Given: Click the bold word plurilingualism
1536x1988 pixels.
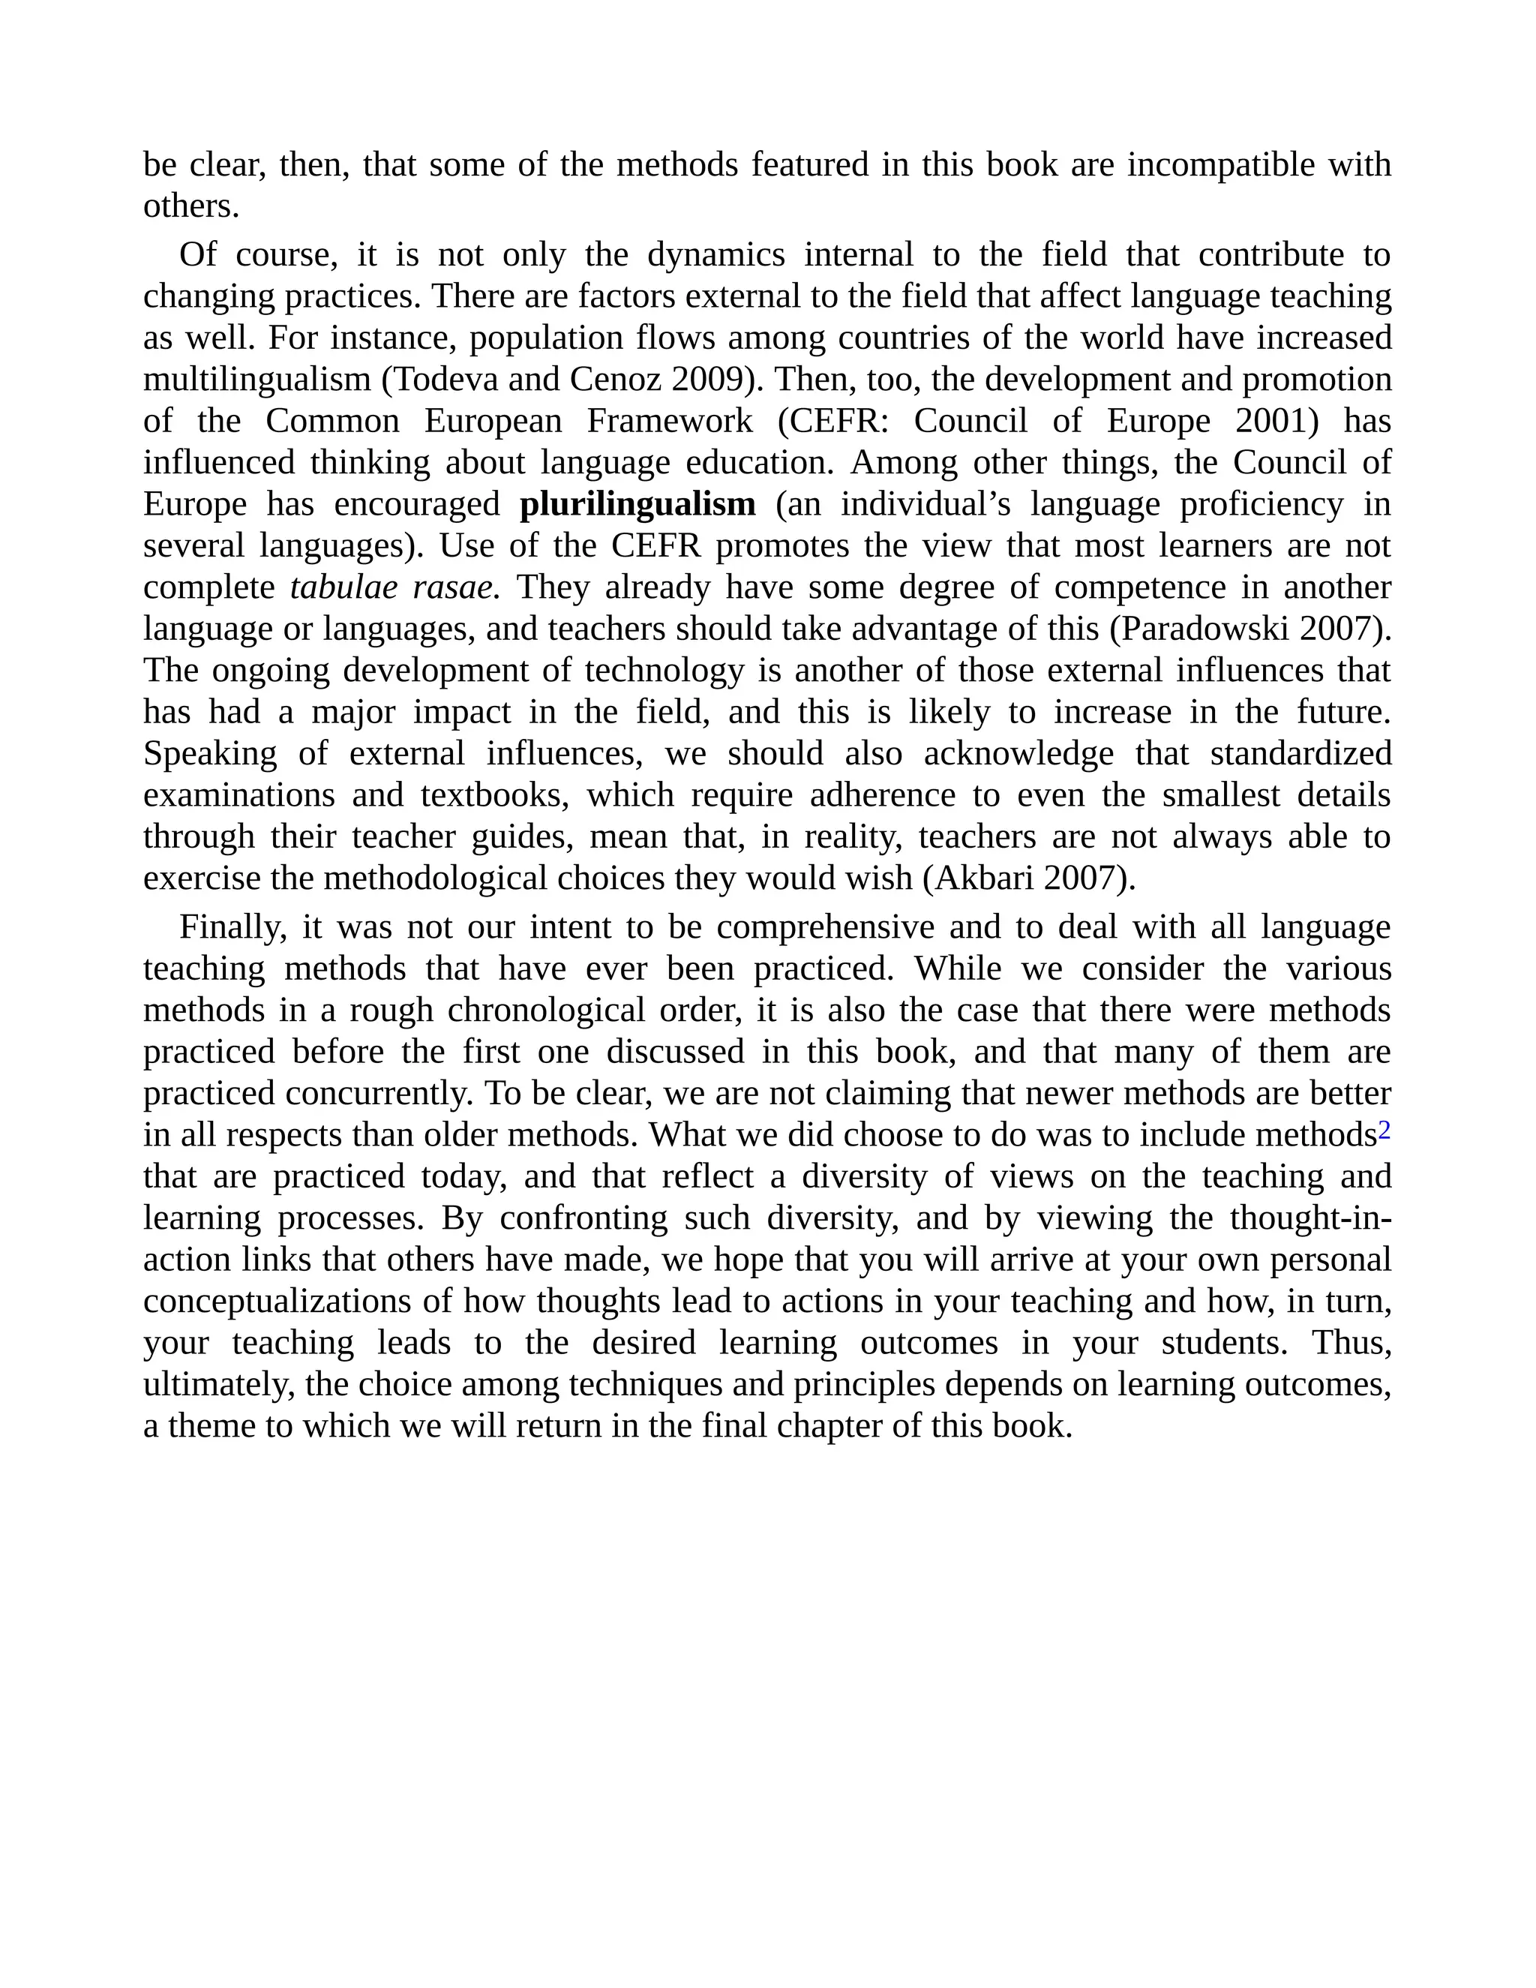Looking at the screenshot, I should coord(637,504).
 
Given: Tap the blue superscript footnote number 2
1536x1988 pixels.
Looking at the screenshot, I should coord(1384,1131).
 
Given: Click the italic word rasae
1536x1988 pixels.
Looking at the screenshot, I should coord(451,587).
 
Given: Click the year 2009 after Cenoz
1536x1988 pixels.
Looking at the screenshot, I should coord(707,380).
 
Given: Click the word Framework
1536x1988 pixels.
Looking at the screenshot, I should coord(670,422).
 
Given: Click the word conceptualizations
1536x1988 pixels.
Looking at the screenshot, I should coord(278,1302).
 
